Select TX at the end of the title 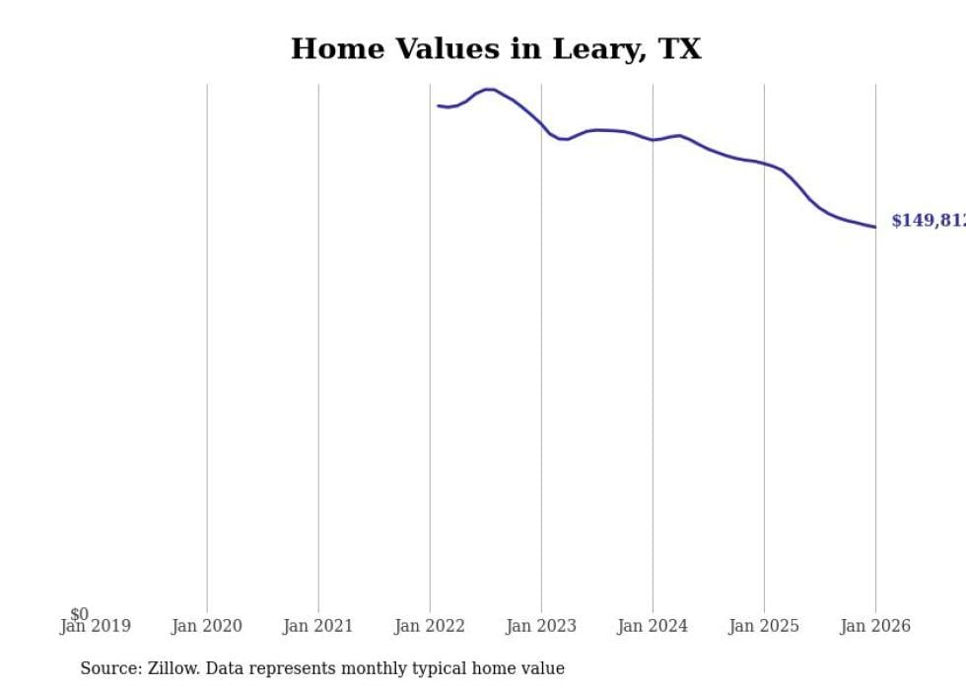click(x=679, y=49)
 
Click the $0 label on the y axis click(x=79, y=614)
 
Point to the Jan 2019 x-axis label click(x=95, y=626)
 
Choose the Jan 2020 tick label click(x=207, y=626)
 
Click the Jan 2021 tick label click(x=318, y=626)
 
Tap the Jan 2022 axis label click(x=430, y=626)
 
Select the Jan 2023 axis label click(x=541, y=626)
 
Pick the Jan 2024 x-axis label click(x=653, y=626)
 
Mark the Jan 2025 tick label click(x=764, y=626)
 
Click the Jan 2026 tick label click(x=875, y=626)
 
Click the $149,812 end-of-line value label click(x=927, y=221)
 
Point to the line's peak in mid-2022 click(x=488, y=90)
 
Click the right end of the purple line click(x=874, y=227)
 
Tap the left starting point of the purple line click(x=439, y=105)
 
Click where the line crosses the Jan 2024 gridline click(x=653, y=140)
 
